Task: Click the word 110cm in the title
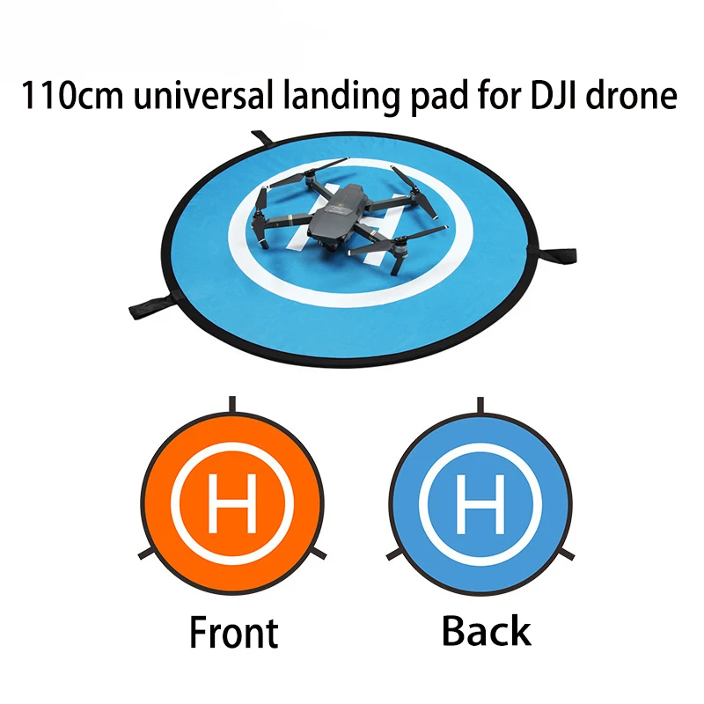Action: [x=75, y=95]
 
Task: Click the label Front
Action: [x=233, y=633]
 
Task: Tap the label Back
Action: [x=486, y=631]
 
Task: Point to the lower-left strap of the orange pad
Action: [x=146, y=554]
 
